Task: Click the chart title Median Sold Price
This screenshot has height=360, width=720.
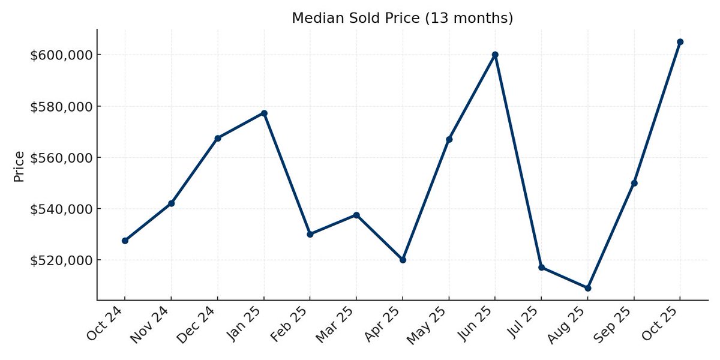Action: point(402,18)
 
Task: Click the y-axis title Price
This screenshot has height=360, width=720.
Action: point(19,166)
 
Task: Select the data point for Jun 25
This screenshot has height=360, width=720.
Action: point(495,55)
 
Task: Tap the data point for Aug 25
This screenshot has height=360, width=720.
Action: point(587,288)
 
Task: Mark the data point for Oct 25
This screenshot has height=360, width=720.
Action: point(680,42)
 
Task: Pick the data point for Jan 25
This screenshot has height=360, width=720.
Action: point(264,113)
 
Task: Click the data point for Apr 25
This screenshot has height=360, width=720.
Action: point(403,260)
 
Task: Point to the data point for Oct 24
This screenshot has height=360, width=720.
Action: point(125,241)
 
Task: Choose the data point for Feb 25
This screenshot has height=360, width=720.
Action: point(310,234)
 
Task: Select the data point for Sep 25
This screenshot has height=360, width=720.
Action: point(634,183)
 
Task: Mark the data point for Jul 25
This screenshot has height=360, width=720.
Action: point(541,267)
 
